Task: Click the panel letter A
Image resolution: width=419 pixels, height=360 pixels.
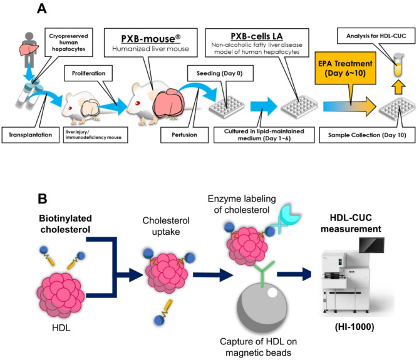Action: pos(42,9)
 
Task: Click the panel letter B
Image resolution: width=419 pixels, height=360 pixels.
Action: pos(43,198)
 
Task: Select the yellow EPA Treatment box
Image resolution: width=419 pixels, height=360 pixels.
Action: pos(345,68)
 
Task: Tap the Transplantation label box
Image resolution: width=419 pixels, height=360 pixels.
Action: pos(31,135)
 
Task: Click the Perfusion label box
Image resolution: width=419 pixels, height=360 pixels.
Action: pos(184,135)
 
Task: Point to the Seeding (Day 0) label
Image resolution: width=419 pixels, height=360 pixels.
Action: pos(220,73)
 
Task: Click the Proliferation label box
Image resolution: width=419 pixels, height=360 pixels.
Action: pos(88,73)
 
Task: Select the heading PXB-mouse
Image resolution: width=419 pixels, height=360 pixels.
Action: pos(151,39)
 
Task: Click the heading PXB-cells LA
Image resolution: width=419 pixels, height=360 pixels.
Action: pos(257,36)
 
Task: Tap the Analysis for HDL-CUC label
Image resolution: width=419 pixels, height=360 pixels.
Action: pos(376,36)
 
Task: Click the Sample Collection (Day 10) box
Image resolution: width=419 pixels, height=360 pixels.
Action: pos(367,135)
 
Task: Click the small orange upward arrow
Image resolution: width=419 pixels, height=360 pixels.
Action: pos(398,87)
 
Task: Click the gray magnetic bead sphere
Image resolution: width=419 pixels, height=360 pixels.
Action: pos(262,308)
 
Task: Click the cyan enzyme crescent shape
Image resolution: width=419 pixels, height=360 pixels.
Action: pos(289,214)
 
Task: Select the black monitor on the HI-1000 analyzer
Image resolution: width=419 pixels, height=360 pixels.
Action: pos(371,245)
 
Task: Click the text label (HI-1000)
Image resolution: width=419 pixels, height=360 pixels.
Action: pos(354,327)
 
